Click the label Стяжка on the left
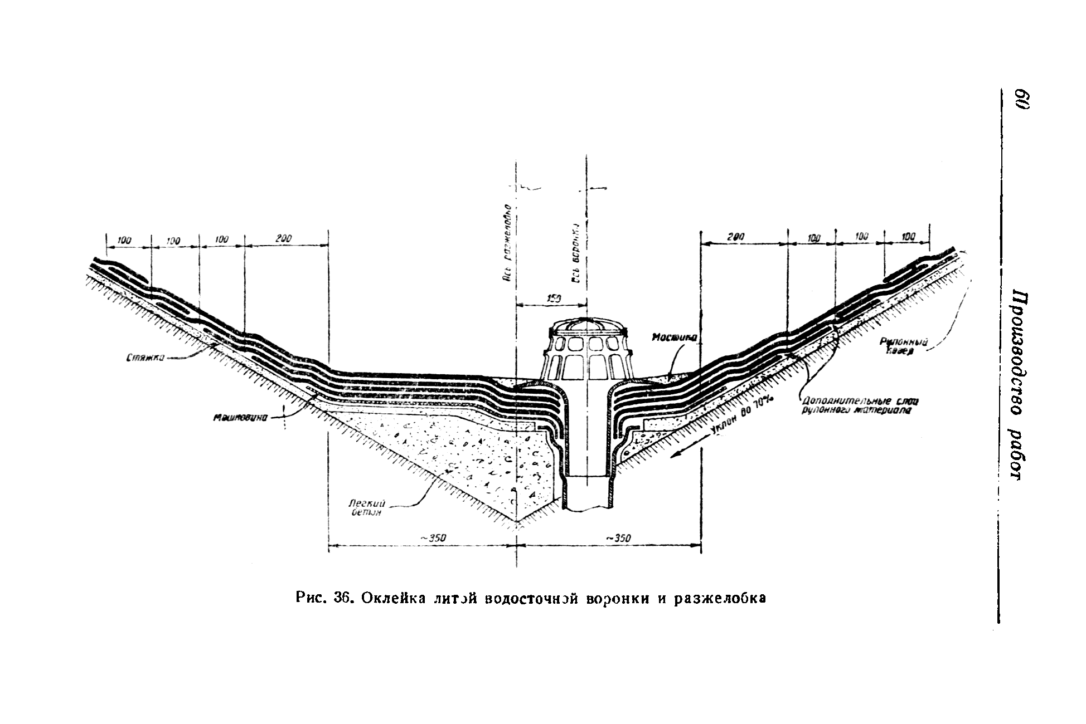[x=144, y=360]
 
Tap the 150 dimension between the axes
[x=551, y=299]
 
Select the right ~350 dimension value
[x=617, y=538]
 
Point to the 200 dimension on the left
[x=283, y=239]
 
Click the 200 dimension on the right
[x=736, y=237]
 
